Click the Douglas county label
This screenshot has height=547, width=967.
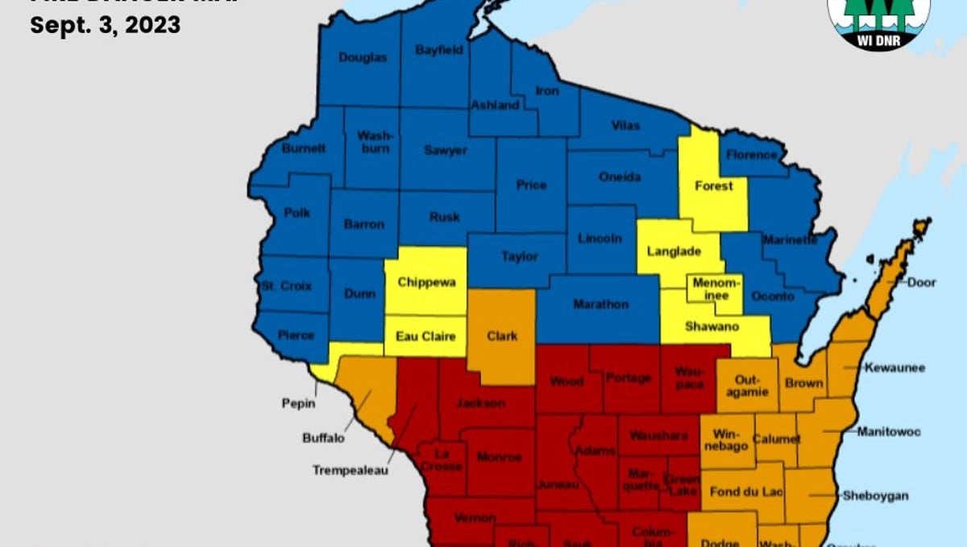(363, 57)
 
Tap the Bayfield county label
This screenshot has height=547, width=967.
(439, 50)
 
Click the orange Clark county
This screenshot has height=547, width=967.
(502, 336)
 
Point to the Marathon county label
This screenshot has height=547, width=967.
(600, 305)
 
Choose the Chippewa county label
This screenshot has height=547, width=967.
(426, 283)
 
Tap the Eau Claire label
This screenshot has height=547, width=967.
(425, 337)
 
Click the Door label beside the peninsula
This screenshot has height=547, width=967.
(921, 283)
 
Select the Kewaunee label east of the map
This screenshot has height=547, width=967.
(894, 368)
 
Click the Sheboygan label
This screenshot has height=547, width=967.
(875, 495)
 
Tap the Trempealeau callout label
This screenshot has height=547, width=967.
(351, 470)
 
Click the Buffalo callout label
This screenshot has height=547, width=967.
(323, 438)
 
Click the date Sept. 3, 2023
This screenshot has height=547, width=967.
(105, 25)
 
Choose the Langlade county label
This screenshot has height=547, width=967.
(674, 251)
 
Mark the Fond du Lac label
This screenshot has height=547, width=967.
(746, 491)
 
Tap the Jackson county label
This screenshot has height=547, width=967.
(481, 403)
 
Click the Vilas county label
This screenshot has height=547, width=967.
(625, 126)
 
